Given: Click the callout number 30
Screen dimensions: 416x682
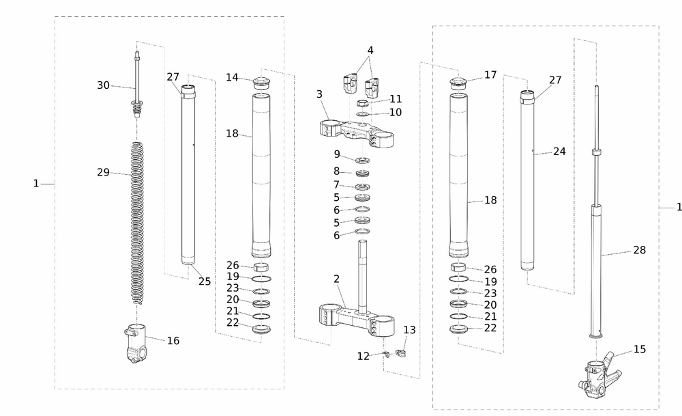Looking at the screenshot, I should point(103,85).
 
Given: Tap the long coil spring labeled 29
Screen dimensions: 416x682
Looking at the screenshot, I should point(138,219).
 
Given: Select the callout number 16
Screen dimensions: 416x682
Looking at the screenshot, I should point(173,340).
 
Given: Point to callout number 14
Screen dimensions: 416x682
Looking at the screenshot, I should point(233,77).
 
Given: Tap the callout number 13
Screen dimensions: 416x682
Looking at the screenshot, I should point(409,330).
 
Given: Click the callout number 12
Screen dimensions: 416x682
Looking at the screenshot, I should point(364,356).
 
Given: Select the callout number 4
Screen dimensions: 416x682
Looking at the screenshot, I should point(370,50).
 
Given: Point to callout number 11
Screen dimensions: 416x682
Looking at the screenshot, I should point(396,99).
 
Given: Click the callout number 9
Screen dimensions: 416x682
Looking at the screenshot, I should point(336,154).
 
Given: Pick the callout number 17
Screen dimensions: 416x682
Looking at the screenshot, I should point(490,74).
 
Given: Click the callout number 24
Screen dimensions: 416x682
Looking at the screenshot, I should point(559,152).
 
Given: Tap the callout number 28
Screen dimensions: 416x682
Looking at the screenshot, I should point(639,250).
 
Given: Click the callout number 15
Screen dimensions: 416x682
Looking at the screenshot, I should point(639,349).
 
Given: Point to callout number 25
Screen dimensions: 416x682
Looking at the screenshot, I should point(204,281).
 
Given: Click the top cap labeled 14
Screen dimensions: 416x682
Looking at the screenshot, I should point(262,83).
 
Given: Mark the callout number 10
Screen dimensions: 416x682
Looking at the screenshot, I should point(396,112).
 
